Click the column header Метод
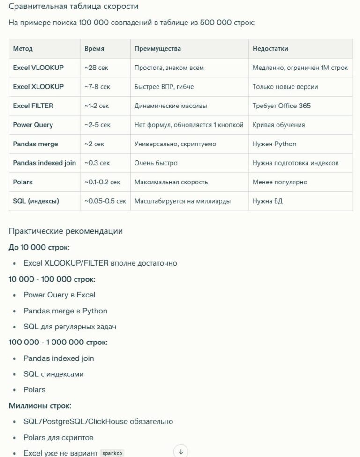(23, 48)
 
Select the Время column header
(94, 48)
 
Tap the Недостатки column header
(270, 48)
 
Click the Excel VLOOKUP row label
(38, 68)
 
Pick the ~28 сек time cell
(96, 68)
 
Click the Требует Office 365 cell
(281, 106)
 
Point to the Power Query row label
(33, 125)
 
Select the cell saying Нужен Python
(274, 144)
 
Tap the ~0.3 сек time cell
(97, 163)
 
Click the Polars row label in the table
(22, 182)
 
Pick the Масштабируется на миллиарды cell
(182, 201)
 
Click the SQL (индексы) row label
(36, 201)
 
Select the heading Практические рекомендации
(66, 231)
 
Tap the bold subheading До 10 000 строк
(39, 247)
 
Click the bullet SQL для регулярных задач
(70, 327)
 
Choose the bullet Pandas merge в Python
(65, 311)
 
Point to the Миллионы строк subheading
(40, 406)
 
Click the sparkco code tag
(112, 454)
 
